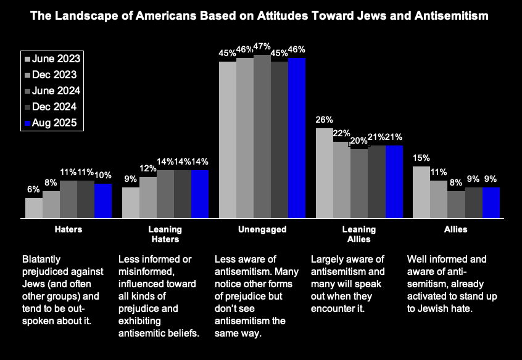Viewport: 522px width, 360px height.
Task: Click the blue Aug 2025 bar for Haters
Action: coord(103,201)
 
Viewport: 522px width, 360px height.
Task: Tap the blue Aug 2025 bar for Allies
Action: coord(491,203)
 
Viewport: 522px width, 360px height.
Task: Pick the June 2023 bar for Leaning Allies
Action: coord(325,173)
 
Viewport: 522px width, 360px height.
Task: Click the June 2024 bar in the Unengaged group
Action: coord(262,136)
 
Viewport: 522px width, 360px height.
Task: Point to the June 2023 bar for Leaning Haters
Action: coord(131,203)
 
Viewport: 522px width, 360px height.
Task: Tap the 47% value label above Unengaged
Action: coord(262,48)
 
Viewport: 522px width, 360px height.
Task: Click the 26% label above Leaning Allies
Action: coord(325,120)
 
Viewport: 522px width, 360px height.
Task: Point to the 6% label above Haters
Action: coord(33,190)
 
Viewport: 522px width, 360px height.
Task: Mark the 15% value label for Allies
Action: coord(421,158)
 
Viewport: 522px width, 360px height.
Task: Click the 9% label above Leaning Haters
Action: coord(131,179)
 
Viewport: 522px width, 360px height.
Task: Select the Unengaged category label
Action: coord(262,229)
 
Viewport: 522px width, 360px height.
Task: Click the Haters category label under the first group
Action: coord(68,229)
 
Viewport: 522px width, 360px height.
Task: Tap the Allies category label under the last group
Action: coord(456,229)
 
